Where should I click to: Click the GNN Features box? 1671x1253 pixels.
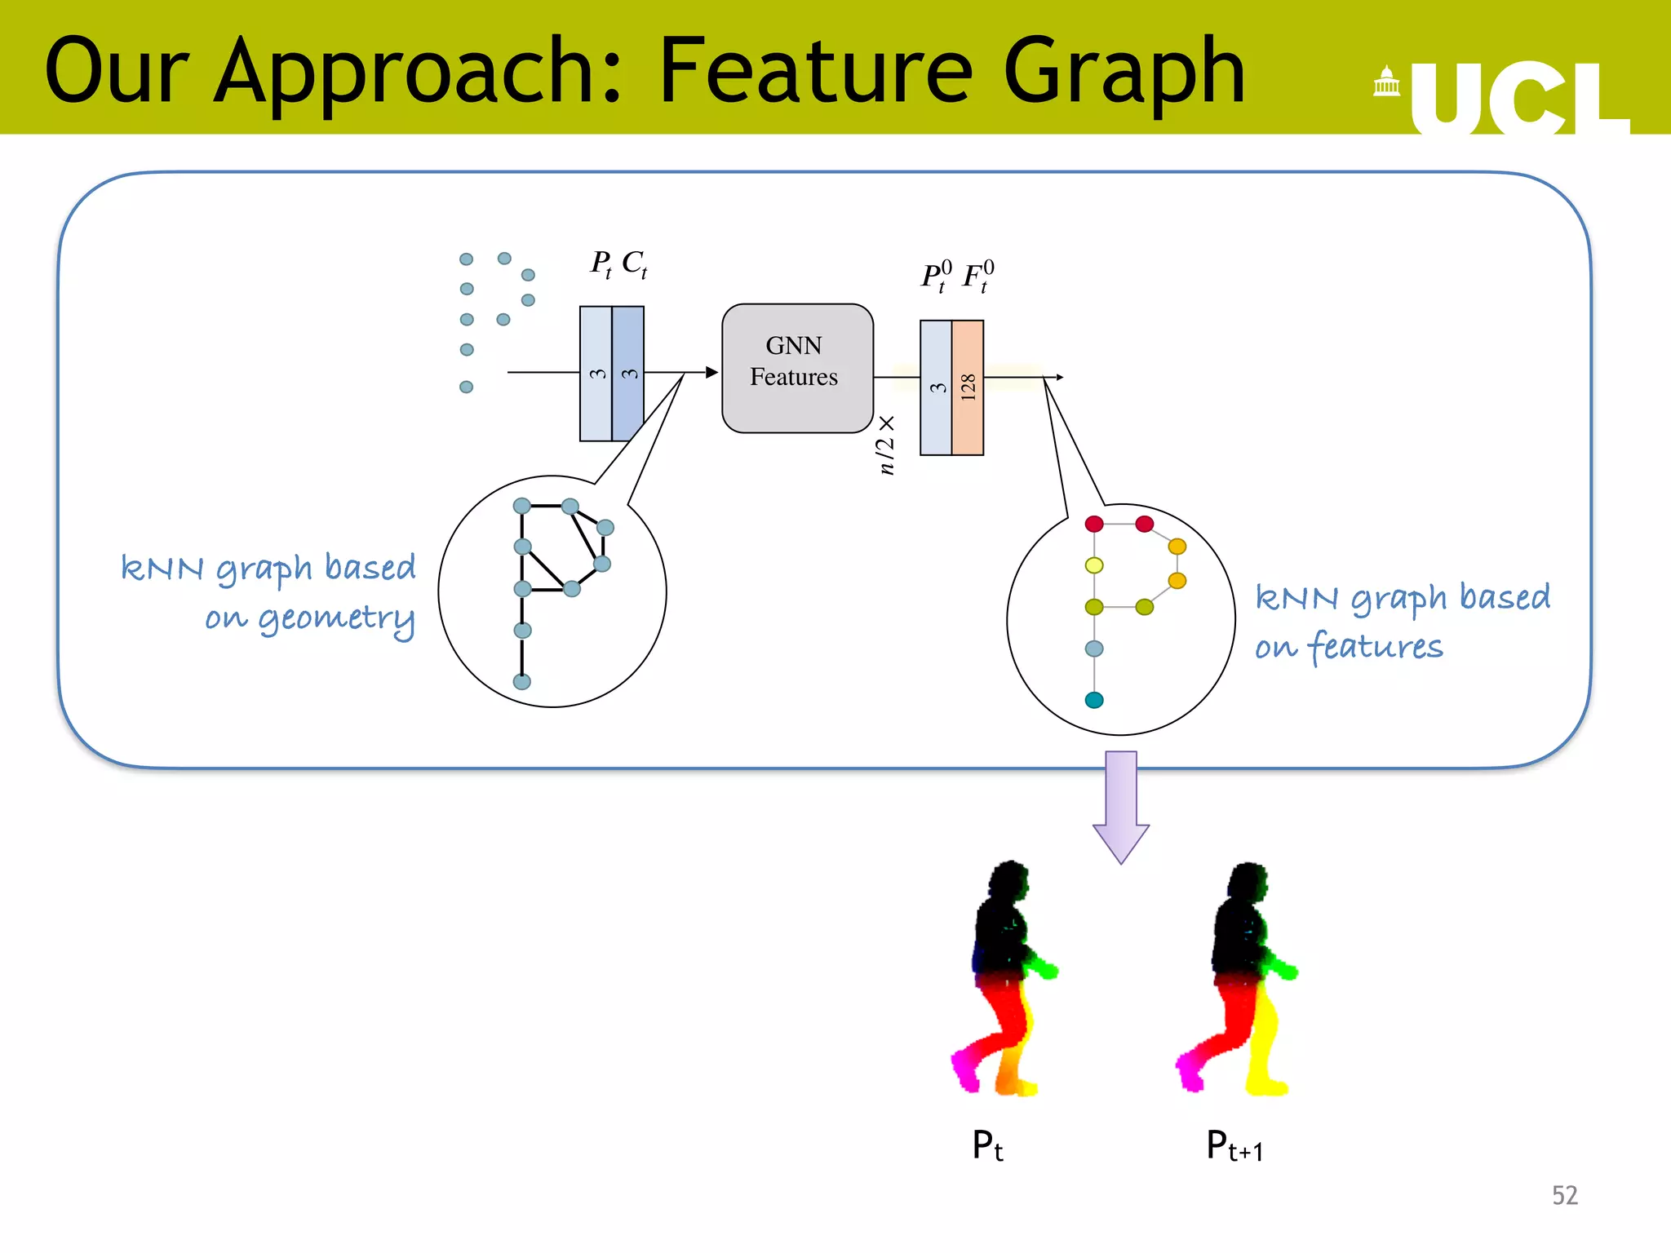[797, 368]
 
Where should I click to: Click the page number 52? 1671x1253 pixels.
[1564, 1195]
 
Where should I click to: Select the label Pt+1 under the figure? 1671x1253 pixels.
[1234, 1146]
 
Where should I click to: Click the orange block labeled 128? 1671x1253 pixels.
[968, 387]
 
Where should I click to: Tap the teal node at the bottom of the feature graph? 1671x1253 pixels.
[1094, 700]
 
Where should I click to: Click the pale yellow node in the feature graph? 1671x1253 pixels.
[1094, 565]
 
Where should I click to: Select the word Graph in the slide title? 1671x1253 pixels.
[1124, 73]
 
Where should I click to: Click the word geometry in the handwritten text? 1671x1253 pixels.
[336, 619]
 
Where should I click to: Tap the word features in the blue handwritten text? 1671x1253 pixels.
[1376, 647]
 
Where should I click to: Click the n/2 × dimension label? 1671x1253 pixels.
[886, 445]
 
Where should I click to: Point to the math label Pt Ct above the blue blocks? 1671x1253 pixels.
[618, 263]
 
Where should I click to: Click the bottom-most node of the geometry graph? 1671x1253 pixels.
[522, 681]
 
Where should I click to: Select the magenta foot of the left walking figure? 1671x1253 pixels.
[966, 1070]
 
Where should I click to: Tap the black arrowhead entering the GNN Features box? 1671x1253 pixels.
[711, 373]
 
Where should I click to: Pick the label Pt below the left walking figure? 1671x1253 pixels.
[987, 1145]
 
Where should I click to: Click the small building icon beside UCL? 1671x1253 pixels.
[1386, 82]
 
